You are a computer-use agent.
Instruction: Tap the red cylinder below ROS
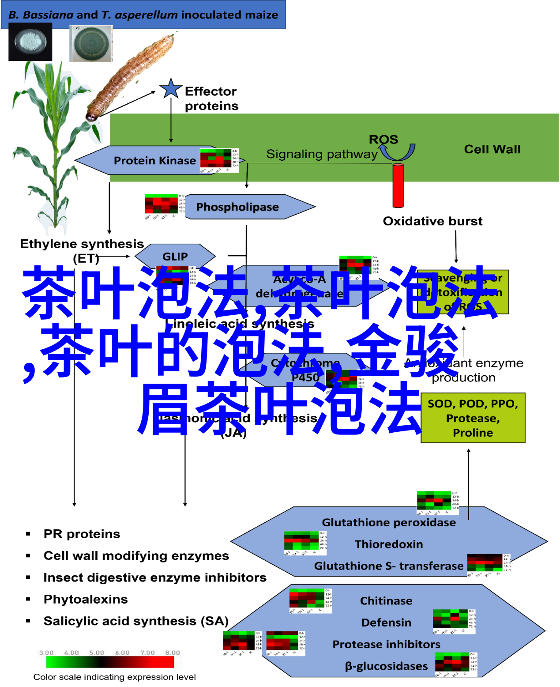point(398,185)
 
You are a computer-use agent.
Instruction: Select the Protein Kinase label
point(154,160)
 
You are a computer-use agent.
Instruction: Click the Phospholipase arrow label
point(237,207)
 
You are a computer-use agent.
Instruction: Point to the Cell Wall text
point(492,149)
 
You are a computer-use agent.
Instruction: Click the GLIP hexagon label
point(175,256)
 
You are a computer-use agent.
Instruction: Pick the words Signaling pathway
point(322,154)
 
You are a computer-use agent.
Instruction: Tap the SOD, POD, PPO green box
point(473,418)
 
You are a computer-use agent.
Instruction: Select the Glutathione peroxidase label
point(388,522)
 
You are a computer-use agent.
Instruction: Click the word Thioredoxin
point(388,544)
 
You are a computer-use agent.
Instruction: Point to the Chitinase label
point(386,601)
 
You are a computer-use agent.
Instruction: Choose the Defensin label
point(386,623)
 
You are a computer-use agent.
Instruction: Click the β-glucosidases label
point(386,666)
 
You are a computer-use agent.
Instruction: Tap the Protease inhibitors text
point(386,644)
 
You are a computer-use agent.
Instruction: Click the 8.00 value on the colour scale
point(173,653)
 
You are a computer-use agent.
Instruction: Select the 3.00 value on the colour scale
point(46,653)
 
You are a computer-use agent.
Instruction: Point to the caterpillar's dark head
point(91,117)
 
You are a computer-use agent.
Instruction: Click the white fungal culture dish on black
point(30,42)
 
